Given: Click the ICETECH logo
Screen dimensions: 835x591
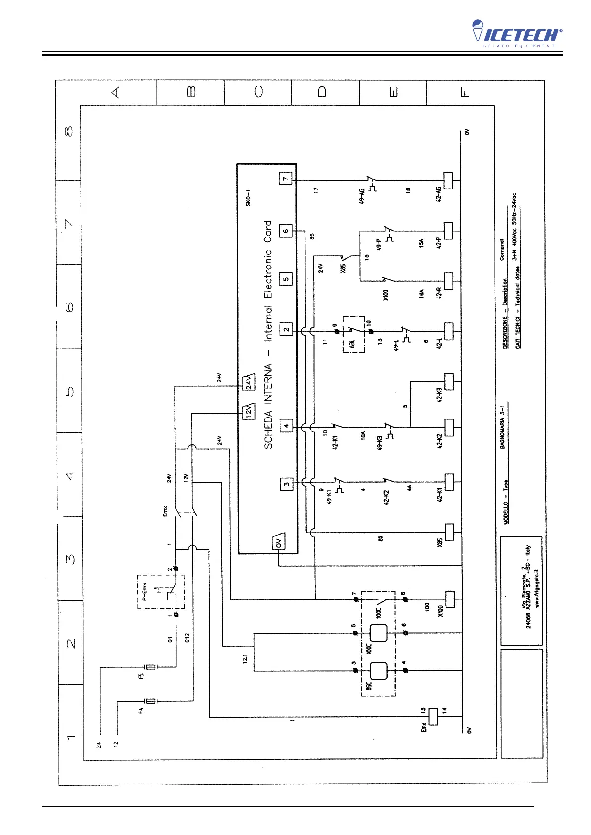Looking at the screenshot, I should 517,34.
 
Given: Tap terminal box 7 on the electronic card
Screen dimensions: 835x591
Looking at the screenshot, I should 286,179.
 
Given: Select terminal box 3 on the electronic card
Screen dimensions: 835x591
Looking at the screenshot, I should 286,484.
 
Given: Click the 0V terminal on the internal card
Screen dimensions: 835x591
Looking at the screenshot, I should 278,543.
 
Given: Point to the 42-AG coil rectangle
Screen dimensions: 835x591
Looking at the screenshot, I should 448,179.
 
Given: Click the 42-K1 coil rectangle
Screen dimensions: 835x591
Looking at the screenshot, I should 449,481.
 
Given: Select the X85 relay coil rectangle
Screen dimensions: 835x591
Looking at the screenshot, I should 449,532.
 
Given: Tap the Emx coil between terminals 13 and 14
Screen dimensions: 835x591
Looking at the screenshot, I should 433,716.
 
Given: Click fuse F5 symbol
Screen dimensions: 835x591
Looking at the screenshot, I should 150,667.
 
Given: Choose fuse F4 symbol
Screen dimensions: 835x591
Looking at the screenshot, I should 150,701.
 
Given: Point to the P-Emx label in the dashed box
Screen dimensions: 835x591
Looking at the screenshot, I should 145,593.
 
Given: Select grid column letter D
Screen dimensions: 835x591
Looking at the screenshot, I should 322,92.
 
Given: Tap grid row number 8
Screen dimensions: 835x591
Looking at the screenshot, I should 69,132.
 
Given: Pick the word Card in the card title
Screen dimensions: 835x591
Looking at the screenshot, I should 268,232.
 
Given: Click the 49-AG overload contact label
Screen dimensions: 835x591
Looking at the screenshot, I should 362,196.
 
